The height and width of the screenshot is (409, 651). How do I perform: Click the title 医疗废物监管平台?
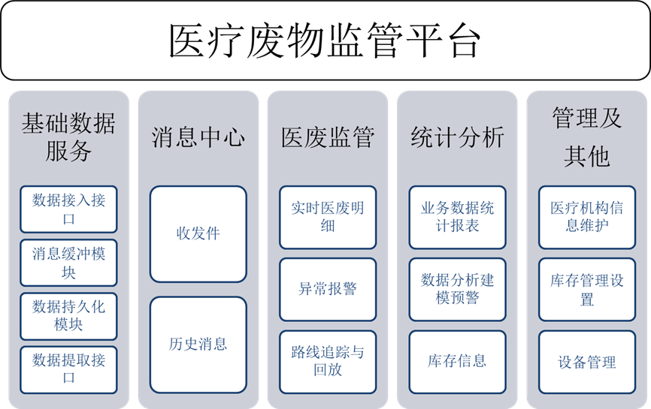[x=325, y=41]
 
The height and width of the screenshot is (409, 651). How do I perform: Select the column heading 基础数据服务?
[x=68, y=137]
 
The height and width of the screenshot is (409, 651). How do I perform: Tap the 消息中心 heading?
[x=198, y=137]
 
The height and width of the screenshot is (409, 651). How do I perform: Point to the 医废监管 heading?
[x=327, y=137]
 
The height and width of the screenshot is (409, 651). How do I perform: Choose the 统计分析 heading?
[x=457, y=137]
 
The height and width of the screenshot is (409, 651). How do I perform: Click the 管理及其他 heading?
[x=586, y=137]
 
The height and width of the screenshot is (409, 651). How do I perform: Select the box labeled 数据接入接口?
[x=68, y=209]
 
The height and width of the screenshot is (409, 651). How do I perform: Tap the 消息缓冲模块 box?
[x=68, y=263]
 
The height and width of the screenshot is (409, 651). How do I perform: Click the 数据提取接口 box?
[x=68, y=369]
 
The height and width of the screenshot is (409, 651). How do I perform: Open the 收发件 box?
[x=198, y=233]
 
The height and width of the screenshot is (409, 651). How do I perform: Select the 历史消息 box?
[x=198, y=344]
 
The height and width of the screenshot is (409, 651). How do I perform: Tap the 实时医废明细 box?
[x=327, y=217]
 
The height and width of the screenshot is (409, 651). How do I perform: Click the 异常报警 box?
[x=327, y=289]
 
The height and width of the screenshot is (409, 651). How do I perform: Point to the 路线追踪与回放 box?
[x=327, y=361]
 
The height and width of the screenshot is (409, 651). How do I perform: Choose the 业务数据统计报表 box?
[x=457, y=217]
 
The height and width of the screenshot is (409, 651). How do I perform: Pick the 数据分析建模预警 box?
[x=457, y=289]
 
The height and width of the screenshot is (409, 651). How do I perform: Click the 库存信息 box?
[x=457, y=361]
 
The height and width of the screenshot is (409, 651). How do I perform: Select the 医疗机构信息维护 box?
[x=586, y=217]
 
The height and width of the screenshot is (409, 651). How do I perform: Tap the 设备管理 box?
[x=586, y=362]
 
